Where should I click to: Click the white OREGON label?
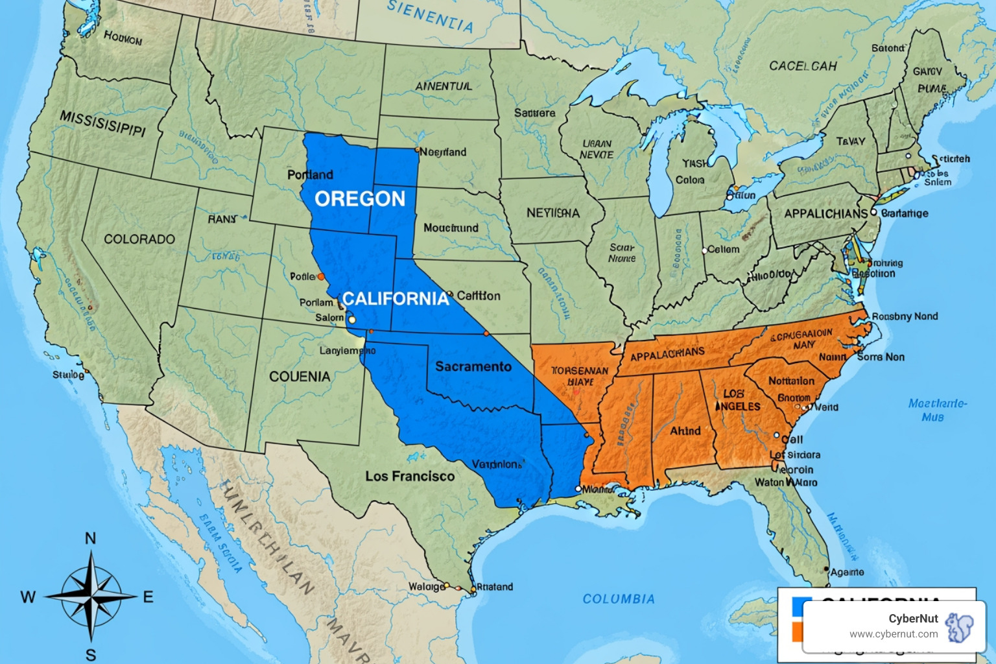(x=360, y=198)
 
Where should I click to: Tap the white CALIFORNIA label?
(x=396, y=298)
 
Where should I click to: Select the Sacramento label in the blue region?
(x=473, y=366)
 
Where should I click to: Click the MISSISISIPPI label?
(x=102, y=123)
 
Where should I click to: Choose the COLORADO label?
(x=139, y=239)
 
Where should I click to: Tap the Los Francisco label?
(x=410, y=477)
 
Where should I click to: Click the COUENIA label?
(x=300, y=377)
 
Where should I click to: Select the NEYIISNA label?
(x=553, y=213)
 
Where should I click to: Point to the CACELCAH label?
(x=803, y=66)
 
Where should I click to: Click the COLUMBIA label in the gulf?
(x=619, y=599)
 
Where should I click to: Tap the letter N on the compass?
(x=91, y=538)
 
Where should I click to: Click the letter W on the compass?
(x=28, y=597)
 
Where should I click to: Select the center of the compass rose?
(x=91, y=595)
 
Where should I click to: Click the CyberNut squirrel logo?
(x=960, y=627)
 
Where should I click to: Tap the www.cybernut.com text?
(x=894, y=634)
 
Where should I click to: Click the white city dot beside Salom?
(x=352, y=320)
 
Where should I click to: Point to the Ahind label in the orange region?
(x=685, y=431)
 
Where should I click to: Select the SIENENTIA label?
(x=431, y=16)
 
